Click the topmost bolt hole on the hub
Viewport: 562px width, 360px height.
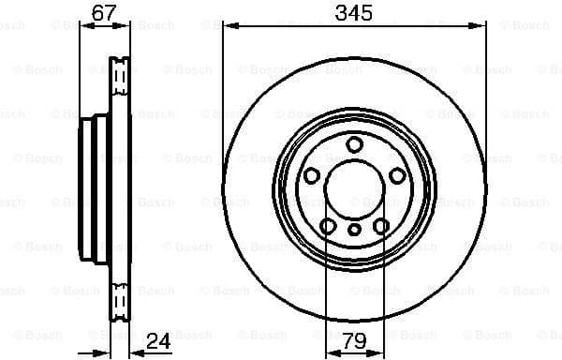[354, 143]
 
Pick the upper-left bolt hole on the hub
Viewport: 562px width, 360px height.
[312, 175]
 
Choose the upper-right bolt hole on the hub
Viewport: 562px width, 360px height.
[397, 175]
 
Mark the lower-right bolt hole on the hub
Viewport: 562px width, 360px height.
[381, 225]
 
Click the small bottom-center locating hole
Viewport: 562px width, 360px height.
[354, 230]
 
